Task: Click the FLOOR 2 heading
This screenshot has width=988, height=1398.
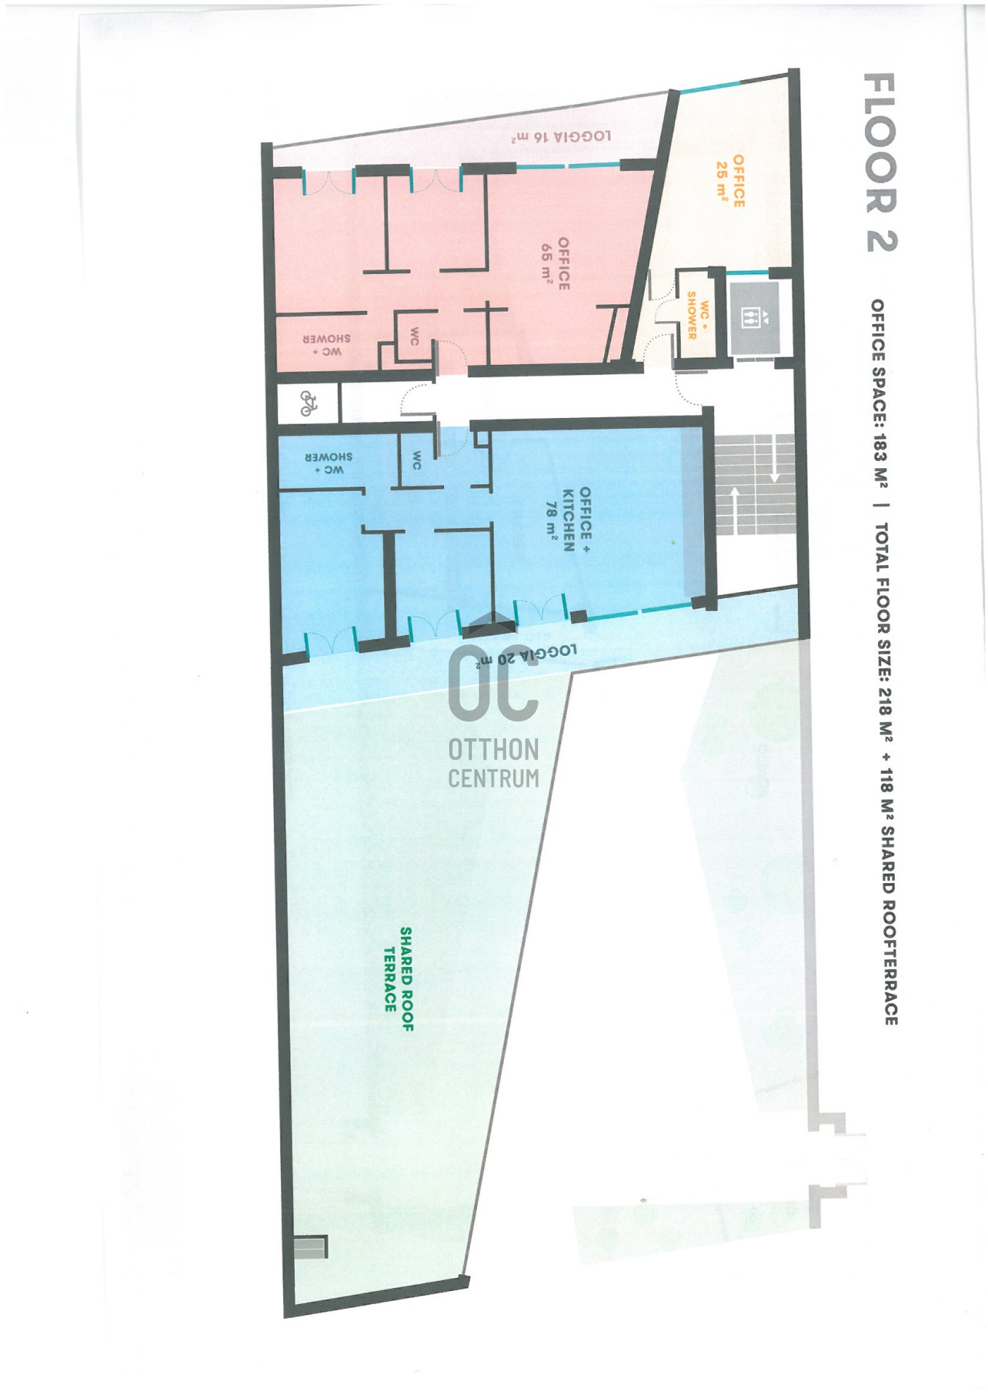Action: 880,162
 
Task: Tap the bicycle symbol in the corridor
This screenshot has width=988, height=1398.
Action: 309,403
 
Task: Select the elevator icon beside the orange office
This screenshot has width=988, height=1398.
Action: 754,317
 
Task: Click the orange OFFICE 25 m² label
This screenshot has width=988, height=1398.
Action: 730,181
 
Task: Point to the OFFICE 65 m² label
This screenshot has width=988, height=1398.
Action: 555,263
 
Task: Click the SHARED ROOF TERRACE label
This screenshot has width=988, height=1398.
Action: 398,979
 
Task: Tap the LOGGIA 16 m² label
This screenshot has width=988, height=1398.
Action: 561,136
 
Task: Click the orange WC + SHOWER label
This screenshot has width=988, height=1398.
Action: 697,315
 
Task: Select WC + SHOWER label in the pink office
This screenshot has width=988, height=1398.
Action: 327,345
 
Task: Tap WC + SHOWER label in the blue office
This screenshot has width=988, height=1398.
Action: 328,463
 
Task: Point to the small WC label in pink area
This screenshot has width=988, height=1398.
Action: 414,336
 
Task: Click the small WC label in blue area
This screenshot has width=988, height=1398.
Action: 416,460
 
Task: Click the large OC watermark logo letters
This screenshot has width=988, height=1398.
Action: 493,682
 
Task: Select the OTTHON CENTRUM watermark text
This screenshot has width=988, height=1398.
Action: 494,763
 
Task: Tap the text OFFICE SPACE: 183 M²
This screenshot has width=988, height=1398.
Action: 879,394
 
